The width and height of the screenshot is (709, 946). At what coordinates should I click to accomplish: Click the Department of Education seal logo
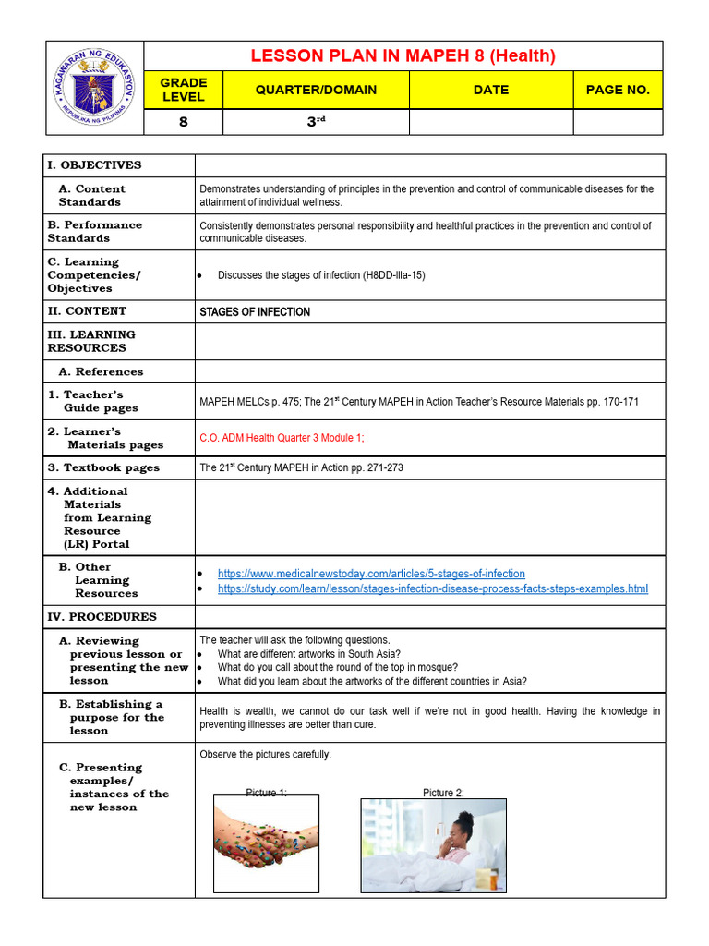(92, 89)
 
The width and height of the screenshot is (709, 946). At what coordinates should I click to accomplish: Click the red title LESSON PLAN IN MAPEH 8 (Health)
(403, 56)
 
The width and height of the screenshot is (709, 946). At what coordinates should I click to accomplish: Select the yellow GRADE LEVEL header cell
(184, 90)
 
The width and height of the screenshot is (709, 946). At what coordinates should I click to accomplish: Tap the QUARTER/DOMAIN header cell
(316, 90)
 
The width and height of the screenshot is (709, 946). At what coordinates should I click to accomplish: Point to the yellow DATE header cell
(490, 90)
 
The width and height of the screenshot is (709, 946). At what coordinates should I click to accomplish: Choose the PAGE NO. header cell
(618, 90)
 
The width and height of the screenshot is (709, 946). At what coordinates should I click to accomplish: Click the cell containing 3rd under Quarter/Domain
(316, 122)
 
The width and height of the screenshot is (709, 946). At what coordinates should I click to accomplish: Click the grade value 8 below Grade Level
(184, 122)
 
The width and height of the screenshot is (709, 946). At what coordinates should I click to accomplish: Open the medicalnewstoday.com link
(371, 574)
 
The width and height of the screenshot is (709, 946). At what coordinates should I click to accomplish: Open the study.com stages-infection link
(432, 588)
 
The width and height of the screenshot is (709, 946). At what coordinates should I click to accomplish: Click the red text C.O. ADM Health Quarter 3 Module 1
(288, 438)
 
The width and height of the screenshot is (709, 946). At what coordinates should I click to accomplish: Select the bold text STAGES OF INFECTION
(255, 312)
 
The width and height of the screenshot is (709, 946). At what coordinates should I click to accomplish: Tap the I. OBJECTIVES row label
(94, 165)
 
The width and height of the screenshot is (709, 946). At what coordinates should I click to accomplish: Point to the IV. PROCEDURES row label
(102, 617)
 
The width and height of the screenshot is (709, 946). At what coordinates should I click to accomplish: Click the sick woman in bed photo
(433, 844)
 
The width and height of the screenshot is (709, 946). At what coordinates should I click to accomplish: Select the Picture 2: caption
(443, 793)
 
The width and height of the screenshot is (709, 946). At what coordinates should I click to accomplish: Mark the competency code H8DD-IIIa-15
(386, 275)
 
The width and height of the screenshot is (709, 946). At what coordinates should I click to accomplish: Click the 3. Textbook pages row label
(103, 467)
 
